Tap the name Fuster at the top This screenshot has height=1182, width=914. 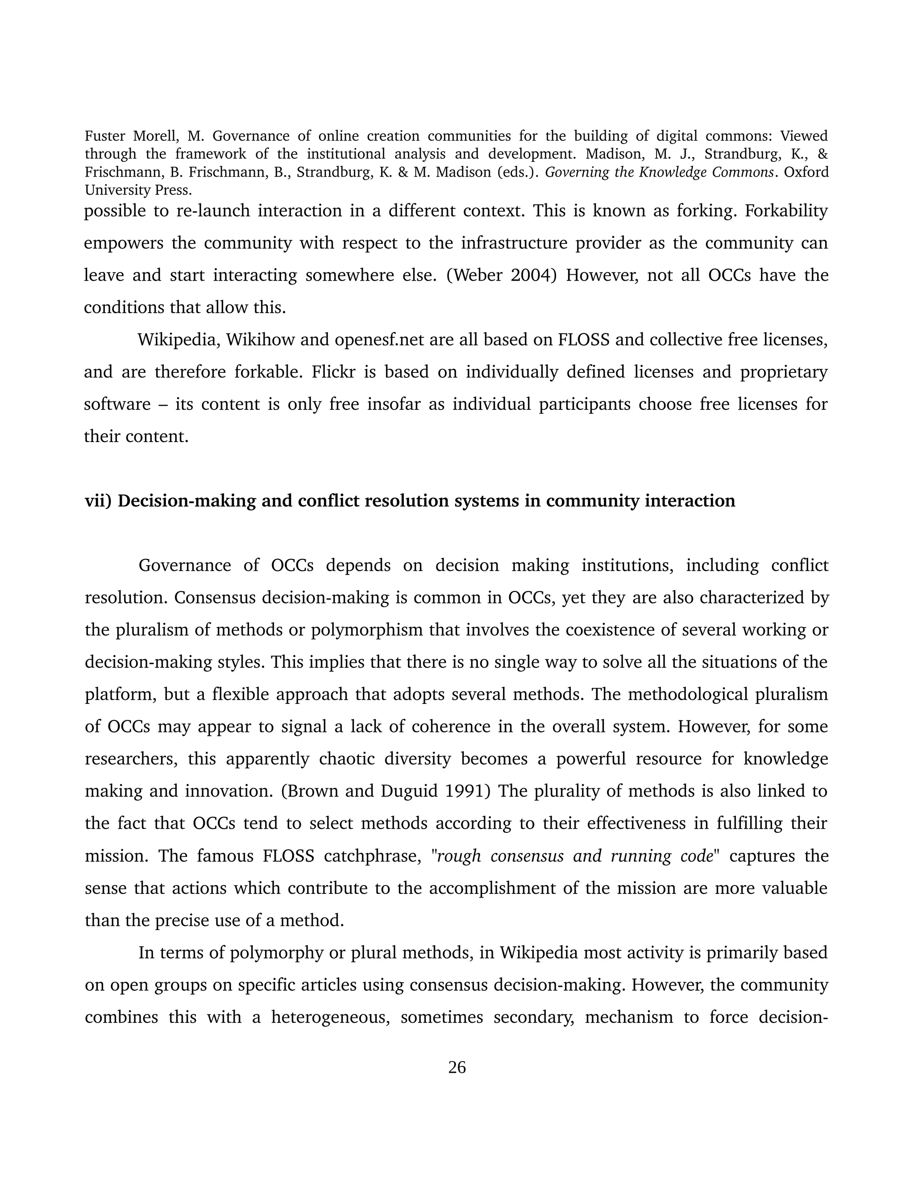click(x=106, y=136)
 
